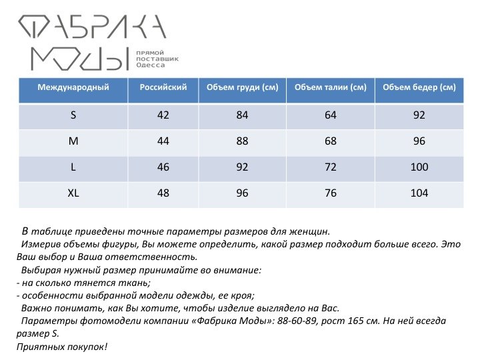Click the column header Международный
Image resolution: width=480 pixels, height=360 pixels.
[73, 87]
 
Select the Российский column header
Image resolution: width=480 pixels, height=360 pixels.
[163, 87]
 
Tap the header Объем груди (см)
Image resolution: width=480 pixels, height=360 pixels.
[242, 87]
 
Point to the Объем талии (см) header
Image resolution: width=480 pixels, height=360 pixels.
[331, 87]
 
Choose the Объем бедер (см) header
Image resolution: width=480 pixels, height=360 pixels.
[419, 87]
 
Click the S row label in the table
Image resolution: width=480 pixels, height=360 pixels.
[73, 115]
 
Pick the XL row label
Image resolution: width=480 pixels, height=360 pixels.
[73, 193]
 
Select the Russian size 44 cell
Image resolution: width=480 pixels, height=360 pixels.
[163, 141]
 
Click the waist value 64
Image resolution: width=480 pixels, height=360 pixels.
[331, 115]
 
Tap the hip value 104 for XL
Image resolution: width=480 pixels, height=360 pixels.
[419, 193]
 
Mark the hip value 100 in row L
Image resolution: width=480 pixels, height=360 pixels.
[419, 167]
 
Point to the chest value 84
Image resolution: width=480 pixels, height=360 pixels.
[242, 115]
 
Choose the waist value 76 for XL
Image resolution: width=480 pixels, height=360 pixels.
[331, 193]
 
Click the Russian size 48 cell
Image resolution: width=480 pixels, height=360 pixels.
[163, 193]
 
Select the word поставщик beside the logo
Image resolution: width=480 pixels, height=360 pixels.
[158, 59]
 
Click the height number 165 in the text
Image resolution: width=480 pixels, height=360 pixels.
[371, 321]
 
